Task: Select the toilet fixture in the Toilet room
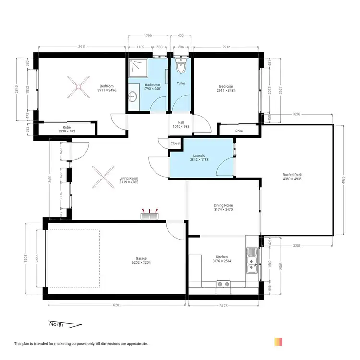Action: [x=180, y=68]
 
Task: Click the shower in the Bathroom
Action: [x=139, y=70]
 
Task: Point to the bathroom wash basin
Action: [x=133, y=98]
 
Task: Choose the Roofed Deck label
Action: [x=292, y=177]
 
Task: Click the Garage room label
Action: [x=141, y=260]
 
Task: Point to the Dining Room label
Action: [x=223, y=207]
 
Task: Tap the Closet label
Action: [x=175, y=143]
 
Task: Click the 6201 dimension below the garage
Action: [x=116, y=305]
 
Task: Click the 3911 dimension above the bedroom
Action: [x=82, y=47]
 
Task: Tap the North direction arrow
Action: [x=65, y=324]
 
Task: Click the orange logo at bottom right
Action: [x=278, y=342]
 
